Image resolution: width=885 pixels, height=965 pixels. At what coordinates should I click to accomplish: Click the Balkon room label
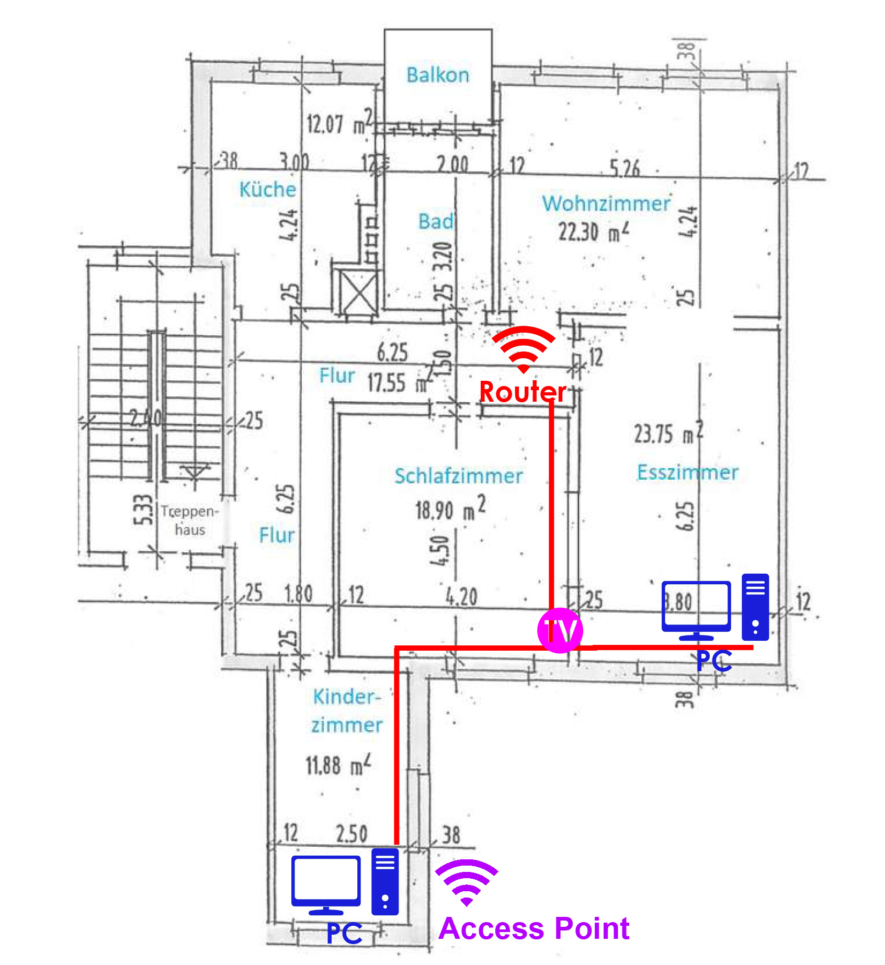[x=438, y=75]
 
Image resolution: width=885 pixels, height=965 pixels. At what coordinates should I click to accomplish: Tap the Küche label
[x=267, y=189]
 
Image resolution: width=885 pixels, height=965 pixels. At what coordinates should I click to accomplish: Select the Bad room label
[x=435, y=221]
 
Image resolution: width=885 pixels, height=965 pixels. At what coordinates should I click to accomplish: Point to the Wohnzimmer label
[x=606, y=203]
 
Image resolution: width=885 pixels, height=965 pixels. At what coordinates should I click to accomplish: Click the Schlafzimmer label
[x=458, y=476]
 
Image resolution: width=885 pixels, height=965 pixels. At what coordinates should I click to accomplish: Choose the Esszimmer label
[x=687, y=472]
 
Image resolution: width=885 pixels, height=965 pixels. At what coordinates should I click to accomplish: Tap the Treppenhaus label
[x=189, y=520]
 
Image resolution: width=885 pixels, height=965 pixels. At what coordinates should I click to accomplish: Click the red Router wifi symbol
[x=523, y=348]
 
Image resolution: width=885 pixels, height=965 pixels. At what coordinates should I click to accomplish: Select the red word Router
[x=523, y=392]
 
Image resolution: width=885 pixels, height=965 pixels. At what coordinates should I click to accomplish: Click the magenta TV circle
[x=560, y=630]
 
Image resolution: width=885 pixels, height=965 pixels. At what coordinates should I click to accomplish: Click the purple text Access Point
[x=534, y=928]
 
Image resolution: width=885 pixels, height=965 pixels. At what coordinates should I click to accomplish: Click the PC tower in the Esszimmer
[x=755, y=607]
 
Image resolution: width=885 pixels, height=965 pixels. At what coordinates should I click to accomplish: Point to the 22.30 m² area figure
[x=593, y=232]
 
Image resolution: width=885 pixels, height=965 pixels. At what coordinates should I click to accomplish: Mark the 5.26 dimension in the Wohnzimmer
[x=625, y=168]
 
